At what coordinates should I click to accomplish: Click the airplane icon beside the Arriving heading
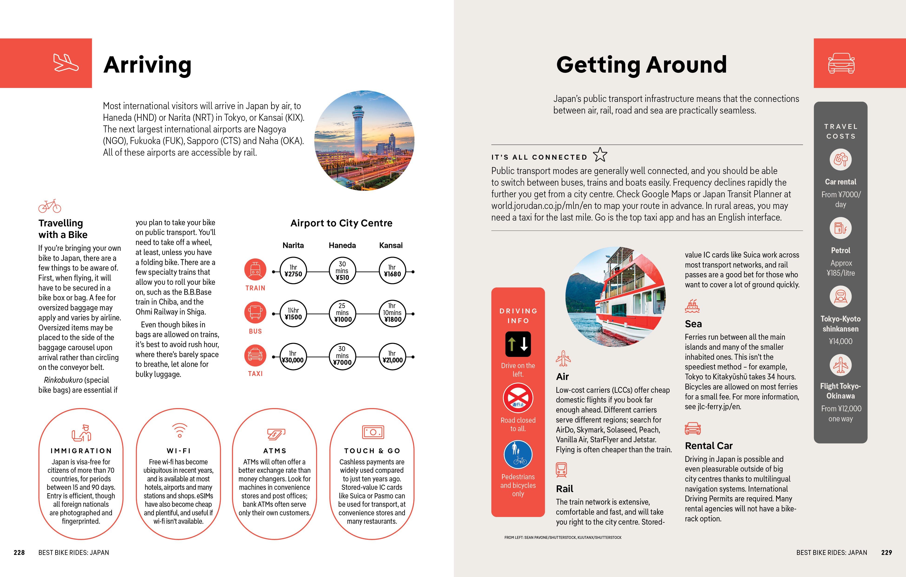pos(66,63)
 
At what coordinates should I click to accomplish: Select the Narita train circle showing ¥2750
pos(293,271)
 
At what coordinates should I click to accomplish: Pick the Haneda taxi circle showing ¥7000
pos(342,356)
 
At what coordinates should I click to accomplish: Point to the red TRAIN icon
pos(255,270)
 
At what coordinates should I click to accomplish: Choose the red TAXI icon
pos(255,355)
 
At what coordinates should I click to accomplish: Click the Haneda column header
pos(342,245)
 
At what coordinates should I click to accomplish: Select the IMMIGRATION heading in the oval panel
pos(81,450)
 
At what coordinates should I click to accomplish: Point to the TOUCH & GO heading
pos(372,450)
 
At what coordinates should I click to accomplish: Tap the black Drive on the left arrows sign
pos(518,344)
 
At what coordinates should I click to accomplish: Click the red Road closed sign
pos(518,398)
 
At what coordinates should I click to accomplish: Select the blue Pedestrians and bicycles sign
pos(518,454)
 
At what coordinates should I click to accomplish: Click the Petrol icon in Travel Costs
pos(840,228)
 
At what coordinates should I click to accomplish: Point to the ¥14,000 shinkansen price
pos(840,341)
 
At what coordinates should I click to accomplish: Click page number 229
pos(886,552)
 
